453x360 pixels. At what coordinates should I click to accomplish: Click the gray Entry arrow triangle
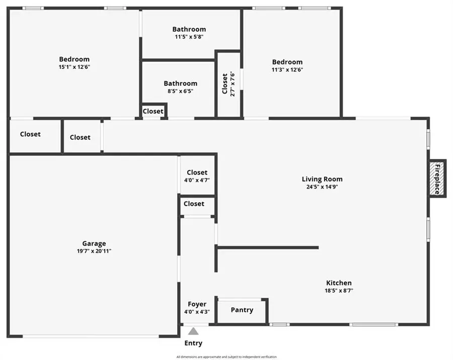(193, 331)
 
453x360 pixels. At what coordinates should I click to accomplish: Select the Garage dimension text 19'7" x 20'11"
(94, 251)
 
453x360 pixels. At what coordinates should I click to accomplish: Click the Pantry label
(242, 310)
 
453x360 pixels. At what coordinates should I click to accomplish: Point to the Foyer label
(197, 304)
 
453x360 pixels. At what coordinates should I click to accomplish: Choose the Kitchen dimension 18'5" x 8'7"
(339, 291)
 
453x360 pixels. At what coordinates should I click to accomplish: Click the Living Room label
(322, 179)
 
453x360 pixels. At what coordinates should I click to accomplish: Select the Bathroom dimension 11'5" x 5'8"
(189, 37)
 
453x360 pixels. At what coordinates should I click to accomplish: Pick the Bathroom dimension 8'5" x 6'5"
(181, 91)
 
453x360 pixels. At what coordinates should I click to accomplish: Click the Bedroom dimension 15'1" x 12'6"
(74, 67)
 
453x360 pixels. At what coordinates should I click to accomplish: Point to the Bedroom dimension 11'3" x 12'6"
(287, 69)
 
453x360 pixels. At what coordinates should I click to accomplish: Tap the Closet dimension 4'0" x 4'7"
(197, 181)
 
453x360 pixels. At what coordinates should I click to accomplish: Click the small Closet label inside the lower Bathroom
(153, 111)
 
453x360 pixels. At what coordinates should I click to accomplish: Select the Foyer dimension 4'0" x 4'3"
(197, 312)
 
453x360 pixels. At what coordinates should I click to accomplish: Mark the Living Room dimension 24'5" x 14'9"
(322, 187)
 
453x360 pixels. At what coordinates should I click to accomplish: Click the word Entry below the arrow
(193, 343)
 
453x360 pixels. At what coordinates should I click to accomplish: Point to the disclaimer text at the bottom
(226, 357)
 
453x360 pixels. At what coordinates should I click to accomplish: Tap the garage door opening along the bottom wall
(91, 336)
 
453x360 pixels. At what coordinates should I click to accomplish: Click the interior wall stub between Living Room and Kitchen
(267, 248)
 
